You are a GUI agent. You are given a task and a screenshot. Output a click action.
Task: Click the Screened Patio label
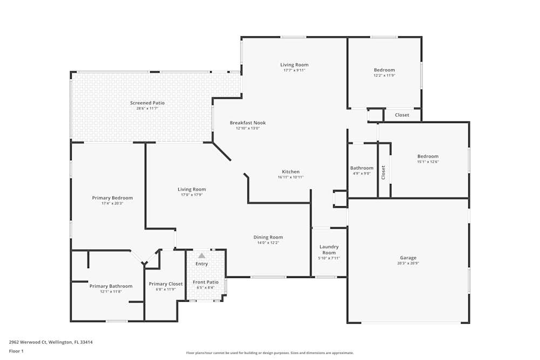[x=147, y=103]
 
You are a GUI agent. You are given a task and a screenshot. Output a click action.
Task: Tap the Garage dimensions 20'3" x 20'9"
[x=408, y=263]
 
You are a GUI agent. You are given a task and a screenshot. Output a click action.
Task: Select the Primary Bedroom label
[x=112, y=198]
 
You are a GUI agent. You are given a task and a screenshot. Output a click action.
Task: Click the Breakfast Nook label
[x=248, y=123]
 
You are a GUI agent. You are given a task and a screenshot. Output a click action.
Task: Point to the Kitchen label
[x=291, y=172]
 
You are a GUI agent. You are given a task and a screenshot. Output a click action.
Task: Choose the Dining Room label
[x=268, y=237]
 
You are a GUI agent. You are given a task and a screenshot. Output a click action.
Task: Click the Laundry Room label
[x=329, y=249]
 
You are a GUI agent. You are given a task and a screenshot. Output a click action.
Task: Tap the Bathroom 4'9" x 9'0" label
[x=362, y=171]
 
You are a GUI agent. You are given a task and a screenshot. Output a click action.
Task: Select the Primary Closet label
[x=166, y=284]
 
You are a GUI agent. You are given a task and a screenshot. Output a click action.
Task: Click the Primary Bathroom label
[x=111, y=286]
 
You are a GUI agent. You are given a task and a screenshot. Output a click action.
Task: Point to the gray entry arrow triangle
[x=202, y=255]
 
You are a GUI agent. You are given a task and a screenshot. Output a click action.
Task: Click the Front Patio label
[x=206, y=282]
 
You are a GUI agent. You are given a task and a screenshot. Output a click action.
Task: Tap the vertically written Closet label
[x=383, y=172]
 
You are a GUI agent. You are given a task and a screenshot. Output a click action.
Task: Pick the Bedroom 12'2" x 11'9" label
[x=384, y=72]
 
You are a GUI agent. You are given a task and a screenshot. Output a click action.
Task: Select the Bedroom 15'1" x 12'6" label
[x=428, y=159]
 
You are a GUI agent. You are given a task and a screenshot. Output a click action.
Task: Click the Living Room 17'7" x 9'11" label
[x=294, y=67]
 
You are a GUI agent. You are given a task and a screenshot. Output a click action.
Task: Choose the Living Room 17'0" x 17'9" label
[x=192, y=192]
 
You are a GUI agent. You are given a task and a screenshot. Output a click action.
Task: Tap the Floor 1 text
[x=16, y=351]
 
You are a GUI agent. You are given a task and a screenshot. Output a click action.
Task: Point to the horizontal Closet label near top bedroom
[x=402, y=115]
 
